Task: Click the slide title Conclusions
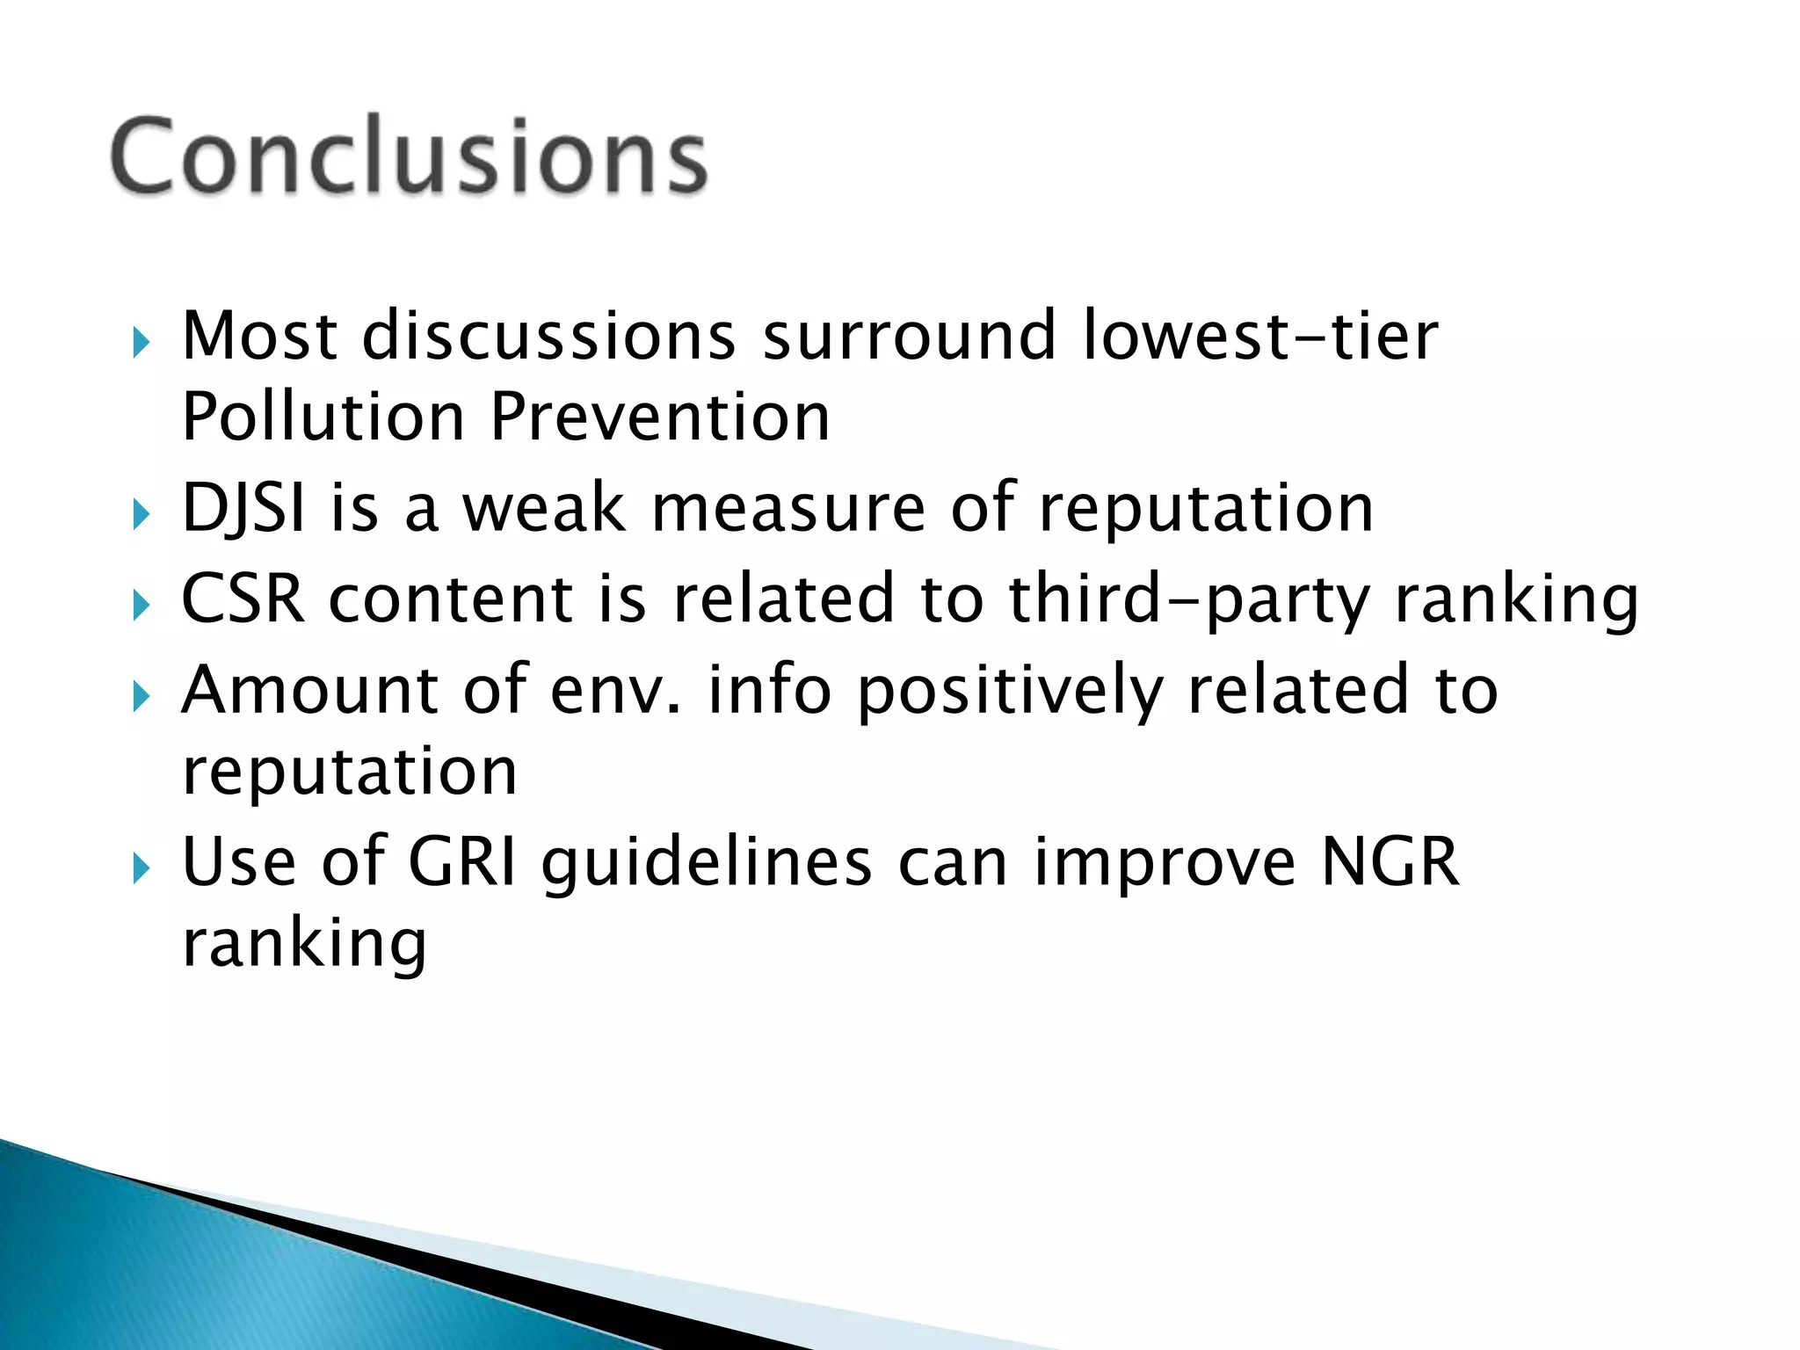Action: [409, 156]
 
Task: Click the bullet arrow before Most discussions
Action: [142, 342]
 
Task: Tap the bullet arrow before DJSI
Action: [142, 513]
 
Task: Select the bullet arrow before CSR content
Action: [142, 605]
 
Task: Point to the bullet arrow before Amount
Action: [142, 696]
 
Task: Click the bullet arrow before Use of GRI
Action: [142, 868]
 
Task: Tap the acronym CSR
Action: [243, 599]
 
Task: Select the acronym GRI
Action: [462, 862]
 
